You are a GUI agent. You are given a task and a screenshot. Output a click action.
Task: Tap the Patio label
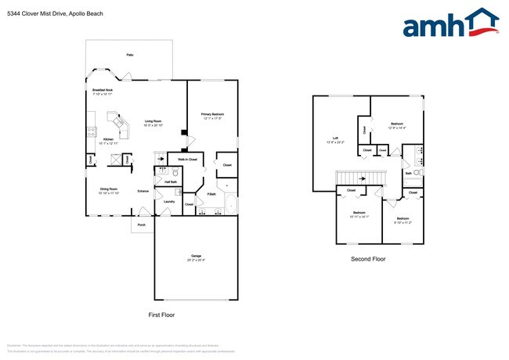[x=129, y=55]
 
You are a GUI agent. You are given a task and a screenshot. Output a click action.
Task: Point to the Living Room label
[x=153, y=122]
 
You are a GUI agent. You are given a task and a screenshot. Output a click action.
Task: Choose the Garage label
[x=196, y=257]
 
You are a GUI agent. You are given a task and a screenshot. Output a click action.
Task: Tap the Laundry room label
[x=168, y=201]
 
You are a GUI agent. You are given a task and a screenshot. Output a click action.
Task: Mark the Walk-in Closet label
[x=186, y=159]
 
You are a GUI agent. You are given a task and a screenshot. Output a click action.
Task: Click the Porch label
[x=142, y=225]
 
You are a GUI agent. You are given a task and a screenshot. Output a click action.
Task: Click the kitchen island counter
[x=119, y=124]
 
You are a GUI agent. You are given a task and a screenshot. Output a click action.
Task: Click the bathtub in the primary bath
[x=230, y=205]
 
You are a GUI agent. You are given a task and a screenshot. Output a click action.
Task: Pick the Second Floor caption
[x=367, y=258]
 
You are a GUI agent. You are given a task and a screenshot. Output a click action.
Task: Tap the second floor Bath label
[x=408, y=173]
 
